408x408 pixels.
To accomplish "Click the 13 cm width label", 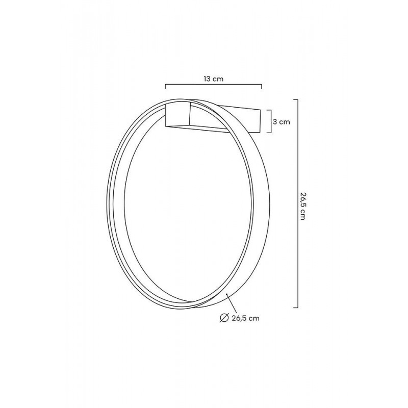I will click(214, 79).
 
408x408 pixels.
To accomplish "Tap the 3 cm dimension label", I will click(282, 122).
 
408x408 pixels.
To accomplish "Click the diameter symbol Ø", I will click(223, 318).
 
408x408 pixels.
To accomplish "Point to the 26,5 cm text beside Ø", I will click(241, 318).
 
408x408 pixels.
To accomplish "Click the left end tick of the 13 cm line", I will click(165, 86).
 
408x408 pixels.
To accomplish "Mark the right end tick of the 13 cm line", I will click(262, 86).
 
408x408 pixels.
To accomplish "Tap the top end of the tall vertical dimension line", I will click(296, 99).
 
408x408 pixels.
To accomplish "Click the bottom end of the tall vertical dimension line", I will click(296, 308).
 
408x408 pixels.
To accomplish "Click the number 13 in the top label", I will click(207, 79).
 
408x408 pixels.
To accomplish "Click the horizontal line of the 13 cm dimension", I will click(214, 86).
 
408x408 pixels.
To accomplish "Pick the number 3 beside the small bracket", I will click(275, 122).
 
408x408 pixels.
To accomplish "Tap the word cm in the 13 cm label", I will click(218, 79).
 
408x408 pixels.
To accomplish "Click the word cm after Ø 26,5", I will click(254, 318).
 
